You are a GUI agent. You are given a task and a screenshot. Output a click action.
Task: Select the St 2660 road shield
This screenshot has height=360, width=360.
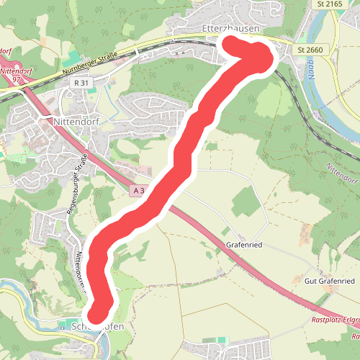(311, 49)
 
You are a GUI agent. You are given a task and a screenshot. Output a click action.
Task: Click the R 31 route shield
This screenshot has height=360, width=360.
(81, 83)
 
